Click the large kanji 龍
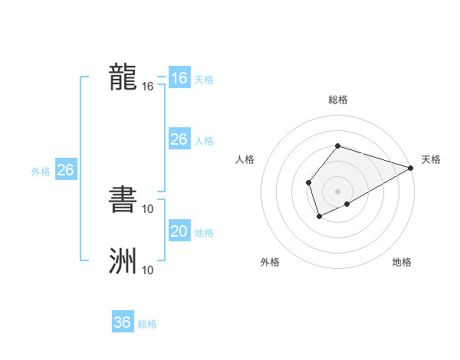[123, 78]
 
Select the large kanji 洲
[123, 260]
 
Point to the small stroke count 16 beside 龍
[148, 87]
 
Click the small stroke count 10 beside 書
[148, 208]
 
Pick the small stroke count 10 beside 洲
[148, 270]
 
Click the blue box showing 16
[179, 78]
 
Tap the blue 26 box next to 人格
[179, 139]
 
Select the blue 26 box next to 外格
[65, 170]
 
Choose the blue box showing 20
[179, 231]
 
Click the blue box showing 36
[123, 322]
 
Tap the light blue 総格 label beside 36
[147, 324]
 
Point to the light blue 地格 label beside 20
[204, 233]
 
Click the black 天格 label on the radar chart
[431, 159]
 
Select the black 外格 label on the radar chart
[270, 263]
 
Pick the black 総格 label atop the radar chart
[337, 100]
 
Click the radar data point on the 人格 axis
[308, 182]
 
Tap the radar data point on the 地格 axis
[347, 204]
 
